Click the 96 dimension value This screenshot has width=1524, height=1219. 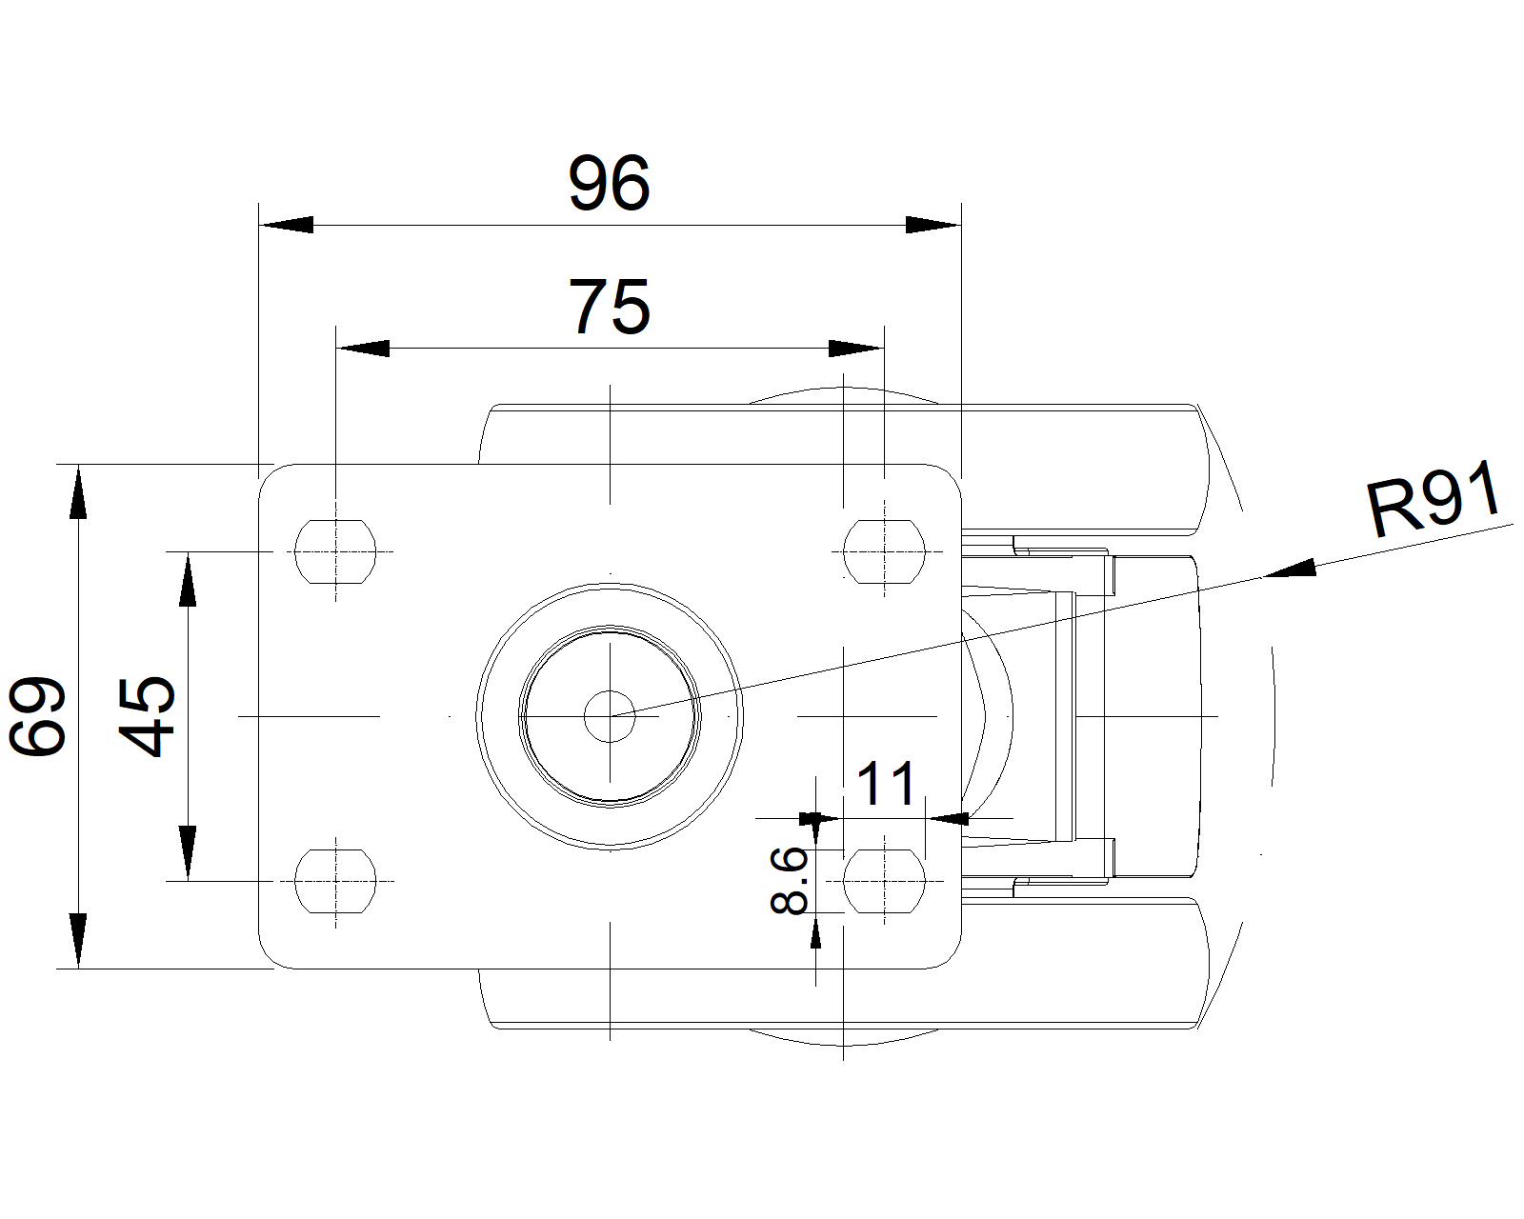click(609, 183)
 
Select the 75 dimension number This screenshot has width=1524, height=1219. click(609, 307)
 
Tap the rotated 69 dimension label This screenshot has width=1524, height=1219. click(37, 716)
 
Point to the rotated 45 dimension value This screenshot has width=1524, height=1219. click(147, 716)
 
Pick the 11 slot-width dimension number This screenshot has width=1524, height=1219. click(887, 784)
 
